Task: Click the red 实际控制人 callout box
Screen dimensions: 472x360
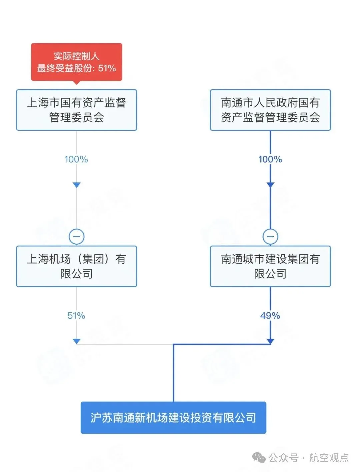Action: (x=76, y=62)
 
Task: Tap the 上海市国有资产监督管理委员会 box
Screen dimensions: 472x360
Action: (x=76, y=110)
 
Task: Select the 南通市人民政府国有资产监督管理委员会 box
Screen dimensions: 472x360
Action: (x=270, y=110)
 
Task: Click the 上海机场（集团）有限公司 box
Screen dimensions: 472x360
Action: (x=76, y=266)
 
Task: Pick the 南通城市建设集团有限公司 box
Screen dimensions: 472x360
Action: (x=270, y=266)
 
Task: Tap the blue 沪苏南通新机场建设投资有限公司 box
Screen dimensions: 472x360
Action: (x=173, y=418)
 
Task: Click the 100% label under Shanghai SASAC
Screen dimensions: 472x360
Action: (x=76, y=159)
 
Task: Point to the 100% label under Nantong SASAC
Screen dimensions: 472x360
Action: (x=270, y=159)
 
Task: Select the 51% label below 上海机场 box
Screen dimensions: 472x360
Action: (x=76, y=316)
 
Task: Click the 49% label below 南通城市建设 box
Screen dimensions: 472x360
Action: (x=270, y=316)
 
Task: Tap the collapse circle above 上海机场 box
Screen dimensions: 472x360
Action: (x=76, y=237)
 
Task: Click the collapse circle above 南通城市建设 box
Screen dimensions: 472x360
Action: (x=270, y=237)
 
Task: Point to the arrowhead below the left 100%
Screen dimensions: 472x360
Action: (x=76, y=185)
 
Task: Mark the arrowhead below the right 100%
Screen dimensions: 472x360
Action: (x=270, y=185)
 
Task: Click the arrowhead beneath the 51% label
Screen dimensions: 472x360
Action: (x=76, y=341)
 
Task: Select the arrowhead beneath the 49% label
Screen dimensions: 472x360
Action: (x=270, y=341)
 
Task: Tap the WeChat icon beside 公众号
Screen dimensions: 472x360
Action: (x=259, y=458)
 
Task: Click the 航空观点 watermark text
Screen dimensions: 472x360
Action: (x=329, y=458)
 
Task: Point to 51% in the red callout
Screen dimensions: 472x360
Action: (x=107, y=68)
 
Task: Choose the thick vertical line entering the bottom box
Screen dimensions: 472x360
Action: (x=173, y=374)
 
